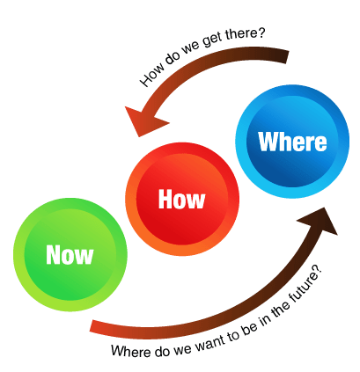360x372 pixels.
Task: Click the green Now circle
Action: tap(70, 255)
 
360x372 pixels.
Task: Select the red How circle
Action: tap(182, 199)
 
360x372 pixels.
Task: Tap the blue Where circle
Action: tap(292, 142)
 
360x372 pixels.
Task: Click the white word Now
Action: tap(70, 255)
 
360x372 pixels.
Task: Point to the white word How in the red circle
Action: tap(181, 200)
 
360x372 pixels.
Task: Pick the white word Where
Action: tap(292, 142)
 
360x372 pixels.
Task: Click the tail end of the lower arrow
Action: tap(92, 326)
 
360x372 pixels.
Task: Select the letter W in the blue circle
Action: tap(268, 142)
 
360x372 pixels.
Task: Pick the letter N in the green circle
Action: tap(53, 255)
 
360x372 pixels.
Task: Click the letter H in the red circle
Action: tap(165, 200)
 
